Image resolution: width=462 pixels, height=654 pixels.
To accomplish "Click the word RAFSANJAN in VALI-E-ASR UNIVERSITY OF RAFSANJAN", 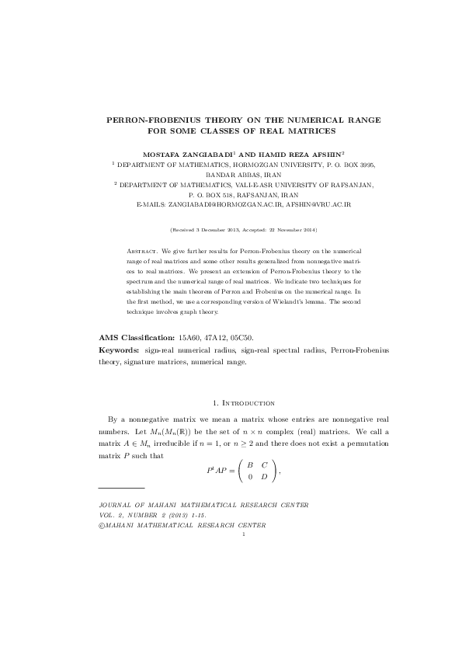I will click(332, 185).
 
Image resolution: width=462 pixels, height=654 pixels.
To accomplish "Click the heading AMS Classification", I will click(137, 338).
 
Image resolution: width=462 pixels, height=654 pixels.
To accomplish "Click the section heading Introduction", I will click(247, 403).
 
